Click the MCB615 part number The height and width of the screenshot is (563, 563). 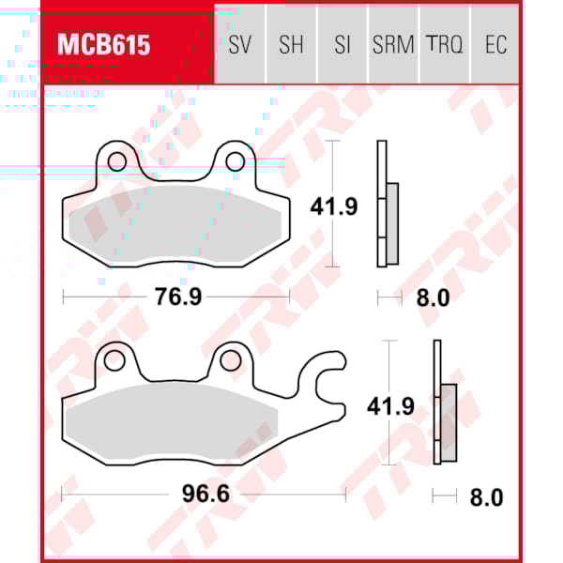pyautogui.click(x=104, y=45)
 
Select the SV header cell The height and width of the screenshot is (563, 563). pyautogui.click(x=239, y=45)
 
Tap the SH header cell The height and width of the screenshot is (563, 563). pyautogui.click(x=291, y=45)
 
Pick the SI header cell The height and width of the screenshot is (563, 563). pyautogui.click(x=342, y=45)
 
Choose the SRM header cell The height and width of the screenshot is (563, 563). pyautogui.click(x=392, y=45)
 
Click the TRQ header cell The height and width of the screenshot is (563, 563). pyautogui.click(x=444, y=45)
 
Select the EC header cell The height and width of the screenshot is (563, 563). pyautogui.click(x=495, y=45)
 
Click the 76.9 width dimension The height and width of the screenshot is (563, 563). pyautogui.click(x=177, y=297)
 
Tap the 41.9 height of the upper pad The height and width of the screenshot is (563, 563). pyautogui.click(x=334, y=205)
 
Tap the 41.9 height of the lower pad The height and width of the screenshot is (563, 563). pyautogui.click(x=389, y=406)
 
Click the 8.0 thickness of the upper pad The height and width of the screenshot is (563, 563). pyautogui.click(x=433, y=298)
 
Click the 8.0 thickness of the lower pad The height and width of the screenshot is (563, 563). pyautogui.click(x=485, y=496)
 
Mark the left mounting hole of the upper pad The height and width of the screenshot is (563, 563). pyautogui.click(x=116, y=162)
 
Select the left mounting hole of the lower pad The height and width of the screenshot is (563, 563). pyautogui.click(x=115, y=359)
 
